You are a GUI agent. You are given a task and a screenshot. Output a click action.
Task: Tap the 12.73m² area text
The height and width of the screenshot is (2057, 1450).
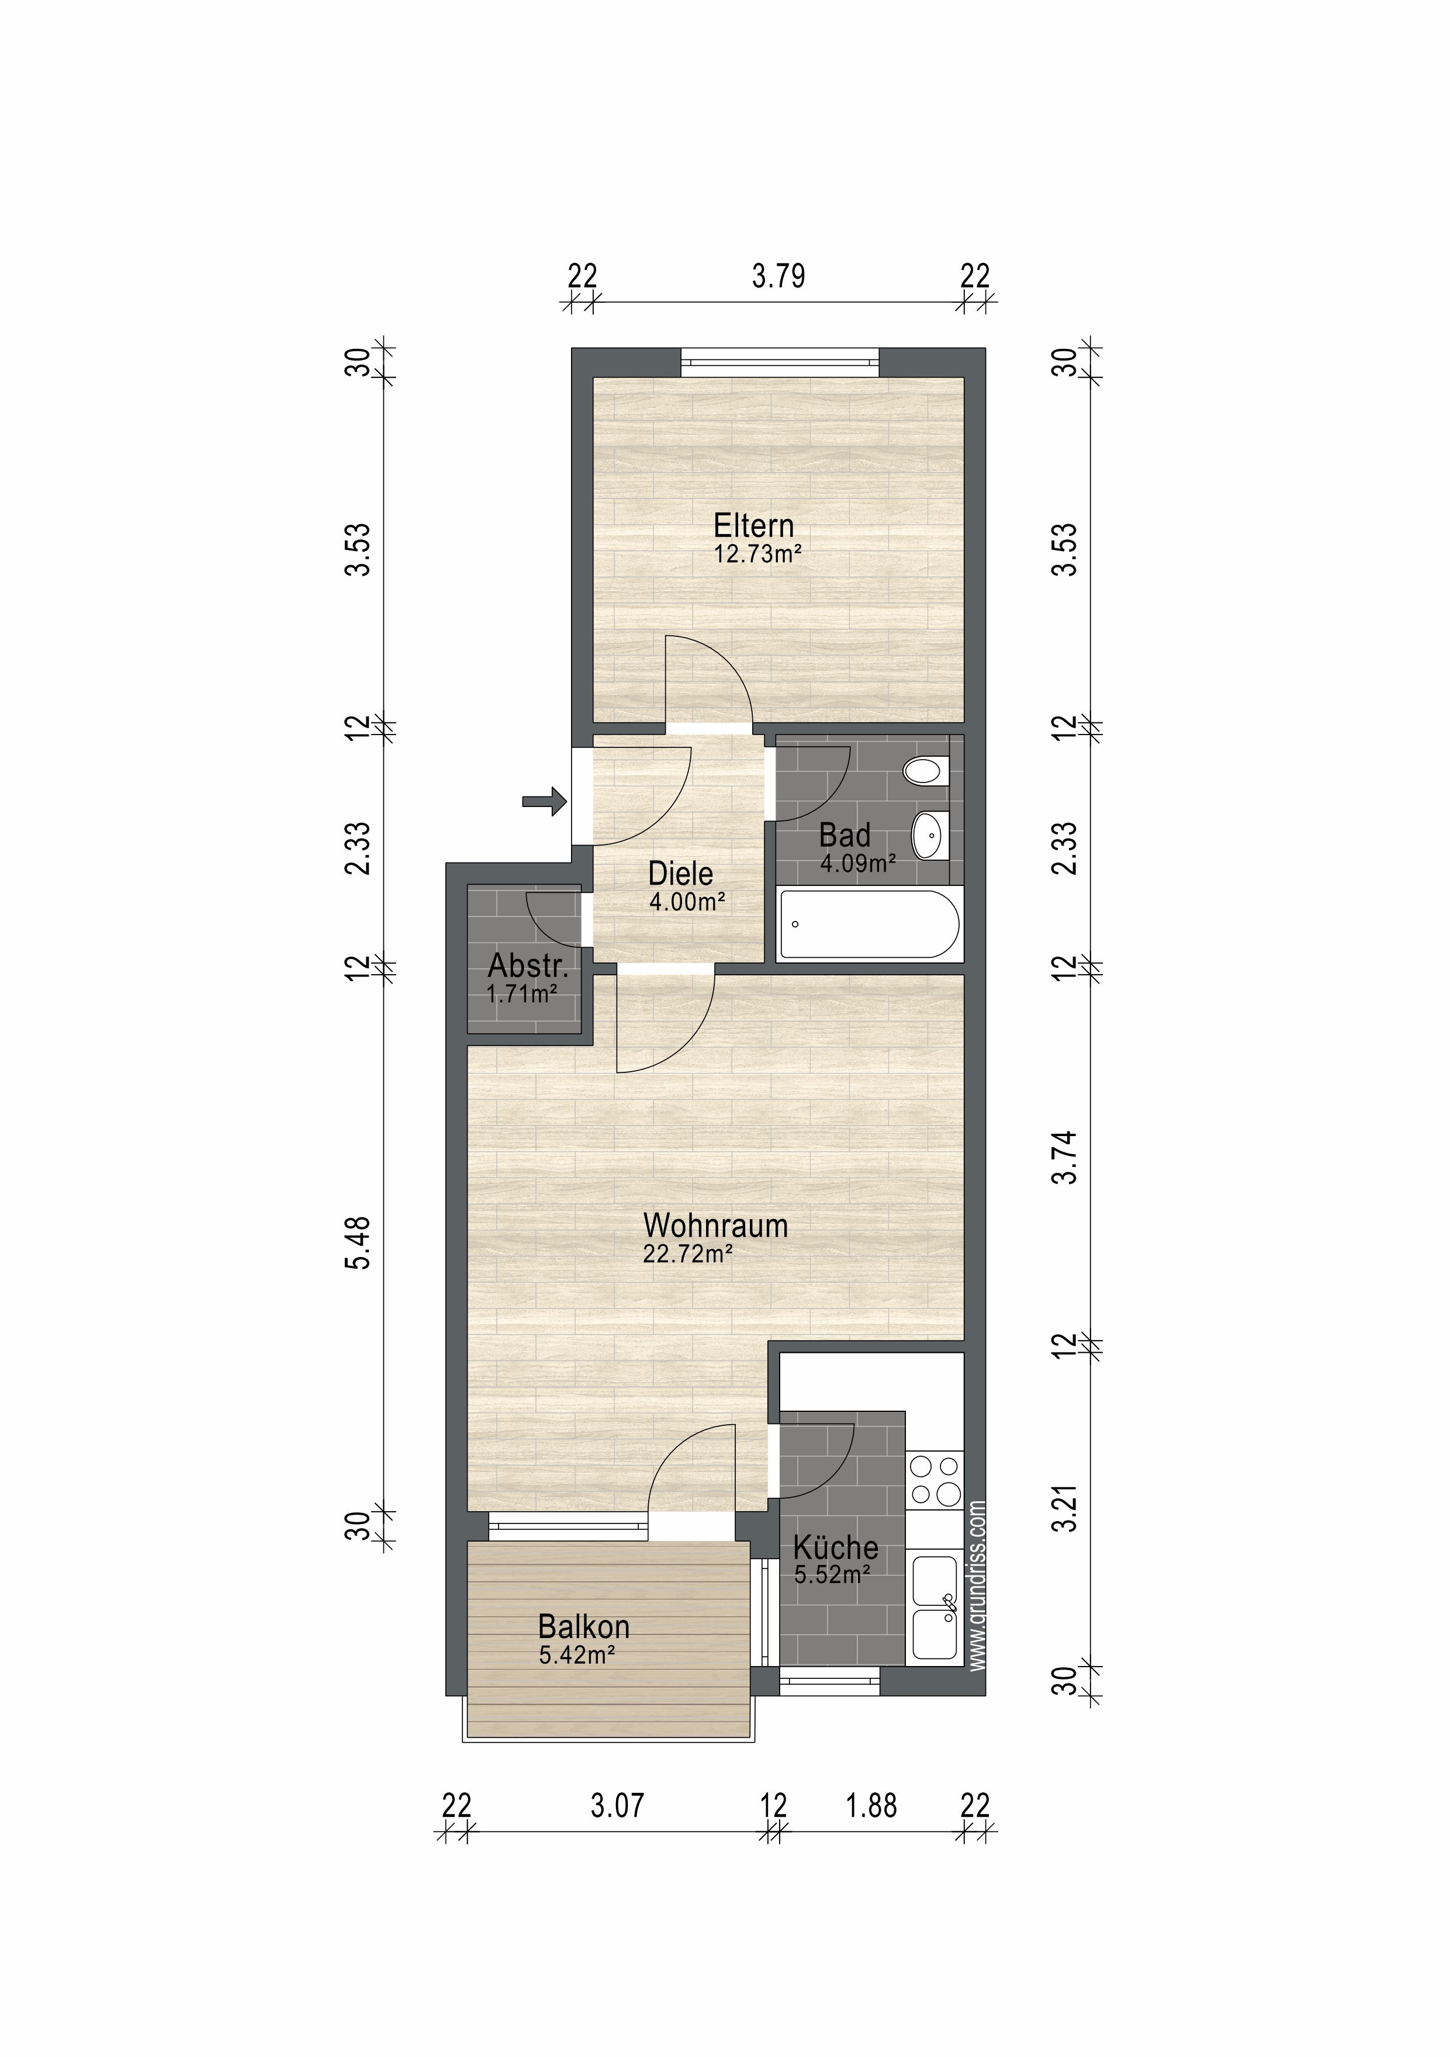pos(757,553)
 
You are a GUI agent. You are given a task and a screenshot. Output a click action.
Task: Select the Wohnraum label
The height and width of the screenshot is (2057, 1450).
pos(715,1225)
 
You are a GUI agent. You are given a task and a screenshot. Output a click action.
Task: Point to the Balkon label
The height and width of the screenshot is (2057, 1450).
pos(583,1626)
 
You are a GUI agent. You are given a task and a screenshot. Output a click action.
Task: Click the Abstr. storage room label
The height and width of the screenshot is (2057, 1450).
pos(528,966)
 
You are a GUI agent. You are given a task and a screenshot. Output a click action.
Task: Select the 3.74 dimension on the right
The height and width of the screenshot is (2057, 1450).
pos(1064,1158)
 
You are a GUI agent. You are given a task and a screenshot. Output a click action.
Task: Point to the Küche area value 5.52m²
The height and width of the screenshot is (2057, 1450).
pos(833,1573)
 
